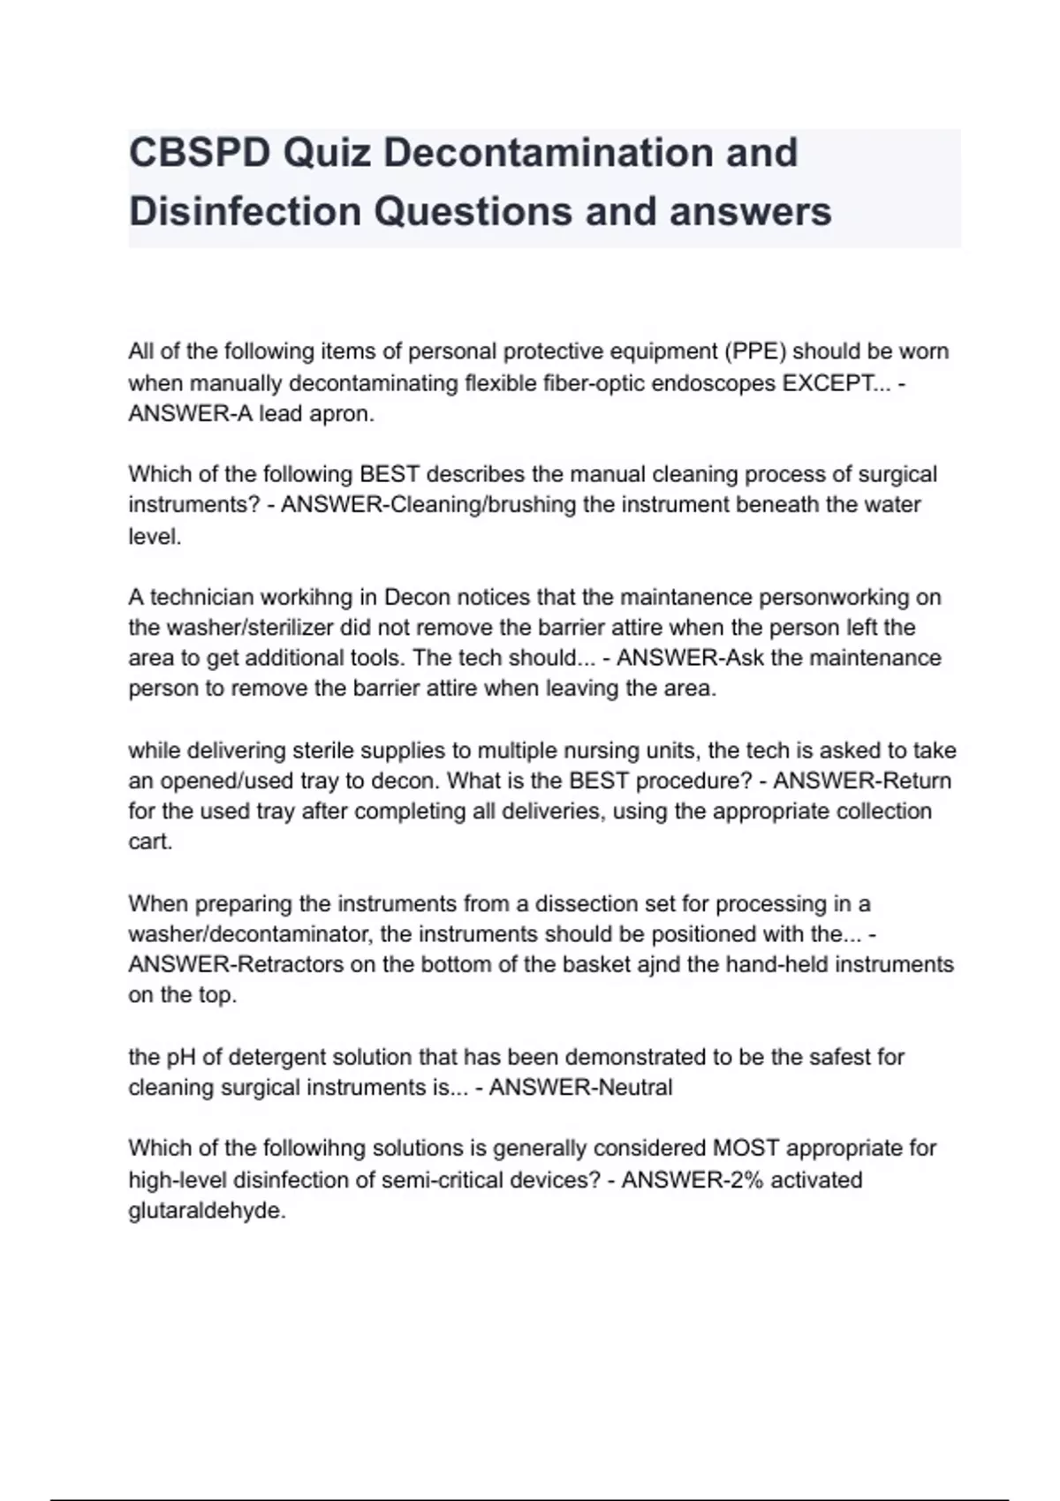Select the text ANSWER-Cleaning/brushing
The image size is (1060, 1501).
pos(402,505)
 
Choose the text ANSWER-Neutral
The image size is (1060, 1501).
pos(580,1087)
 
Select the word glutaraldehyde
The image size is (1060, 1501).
pos(207,1211)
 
